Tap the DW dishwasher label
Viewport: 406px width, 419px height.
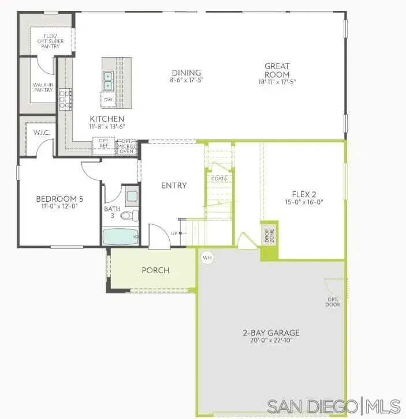pyautogui.click(x=108, y=100)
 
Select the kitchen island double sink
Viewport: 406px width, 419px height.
pyautogui.click(x=108, y=81)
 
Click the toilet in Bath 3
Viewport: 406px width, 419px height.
pyautogui.click(x=132, y=216)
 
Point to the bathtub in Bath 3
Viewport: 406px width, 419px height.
pyautogui.click(x=121, y=236)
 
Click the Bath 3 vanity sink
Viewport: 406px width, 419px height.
pyautogui.click(x=132, y=196)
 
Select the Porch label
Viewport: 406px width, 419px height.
pyautogui.click(x=155, y=270)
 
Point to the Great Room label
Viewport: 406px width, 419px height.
pyautogui.click(x=277, y=70)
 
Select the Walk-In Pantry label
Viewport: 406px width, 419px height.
pyautogui.click(x=44, y=87)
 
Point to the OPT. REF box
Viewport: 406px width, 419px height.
pyautogui.click(x=104, y=143)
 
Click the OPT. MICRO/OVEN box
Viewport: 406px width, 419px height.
pyautogui.click(x=126, y=146)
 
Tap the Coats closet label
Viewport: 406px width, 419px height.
pyautogui.click(x=219, y=178)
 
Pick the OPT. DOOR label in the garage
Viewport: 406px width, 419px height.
pyautogui.click(x=332, y=302)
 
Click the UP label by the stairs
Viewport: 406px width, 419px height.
pyautogui.click(x=174, y=233)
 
